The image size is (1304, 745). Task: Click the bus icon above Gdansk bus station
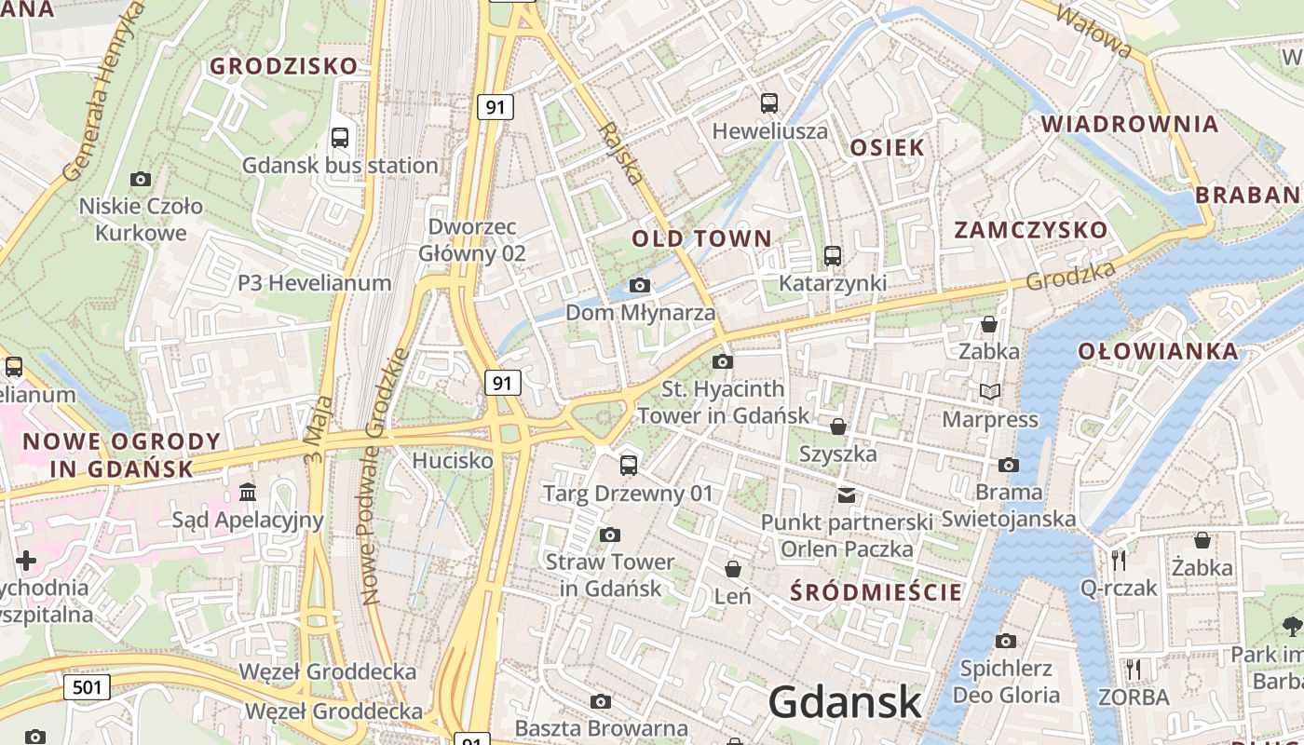tap(340, 138)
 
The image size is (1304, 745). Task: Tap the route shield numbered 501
tap(88, 688)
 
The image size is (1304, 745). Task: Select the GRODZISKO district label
tap(283, 66)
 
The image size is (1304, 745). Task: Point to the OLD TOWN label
tap(702, 238)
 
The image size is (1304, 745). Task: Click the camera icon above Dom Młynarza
tap(640, 285)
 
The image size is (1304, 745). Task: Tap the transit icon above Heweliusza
tap(769, 103)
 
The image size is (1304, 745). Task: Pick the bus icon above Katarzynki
tap(833, 255)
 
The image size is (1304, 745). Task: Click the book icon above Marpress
tap(989, 392)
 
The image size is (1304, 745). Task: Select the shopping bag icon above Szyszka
tap(838, 427)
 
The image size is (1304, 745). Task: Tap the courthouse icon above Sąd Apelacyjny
tap(248, 492)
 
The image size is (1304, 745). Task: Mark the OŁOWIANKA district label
tap(1159, 351)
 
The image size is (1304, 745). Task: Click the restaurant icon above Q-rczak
tap(1119, 560)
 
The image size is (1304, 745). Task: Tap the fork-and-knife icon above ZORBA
tap(1133, 670)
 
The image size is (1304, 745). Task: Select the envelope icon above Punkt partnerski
tap(847, 494)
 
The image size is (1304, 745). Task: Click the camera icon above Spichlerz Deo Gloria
tap(1006, 641)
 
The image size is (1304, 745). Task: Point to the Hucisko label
tap(453, 460)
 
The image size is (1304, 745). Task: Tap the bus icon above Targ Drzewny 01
tap(629, 465)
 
